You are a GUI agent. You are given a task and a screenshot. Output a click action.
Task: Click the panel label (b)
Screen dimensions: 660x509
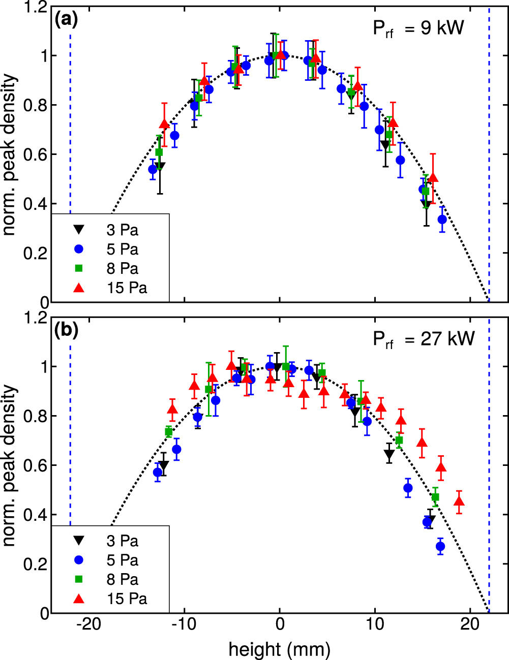click(66, 330)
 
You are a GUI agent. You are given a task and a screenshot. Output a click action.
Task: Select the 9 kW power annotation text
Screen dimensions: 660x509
click(418, 28)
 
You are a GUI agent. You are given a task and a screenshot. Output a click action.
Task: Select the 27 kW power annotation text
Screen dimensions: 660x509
click(424, 339)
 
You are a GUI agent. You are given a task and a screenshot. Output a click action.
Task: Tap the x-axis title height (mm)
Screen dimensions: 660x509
click(279, 649)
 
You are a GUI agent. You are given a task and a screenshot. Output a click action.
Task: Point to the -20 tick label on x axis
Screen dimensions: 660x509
click(88, 624)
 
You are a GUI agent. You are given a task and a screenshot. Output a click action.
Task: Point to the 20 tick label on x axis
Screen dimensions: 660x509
click(470, 624)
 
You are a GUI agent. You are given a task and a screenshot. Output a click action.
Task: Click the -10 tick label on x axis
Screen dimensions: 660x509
click(184, 624)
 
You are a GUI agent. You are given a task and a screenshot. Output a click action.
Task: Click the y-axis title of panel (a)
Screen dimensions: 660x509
click(10, 155)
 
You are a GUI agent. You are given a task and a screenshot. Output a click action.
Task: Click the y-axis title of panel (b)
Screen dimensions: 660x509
click(10, 466)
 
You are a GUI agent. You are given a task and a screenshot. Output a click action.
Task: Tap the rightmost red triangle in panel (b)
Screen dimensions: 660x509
click(459, 502)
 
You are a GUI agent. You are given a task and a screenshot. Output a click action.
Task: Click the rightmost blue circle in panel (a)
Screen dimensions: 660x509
click(442, 219)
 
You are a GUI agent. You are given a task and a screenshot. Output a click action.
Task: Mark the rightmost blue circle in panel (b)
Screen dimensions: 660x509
click(440, 547)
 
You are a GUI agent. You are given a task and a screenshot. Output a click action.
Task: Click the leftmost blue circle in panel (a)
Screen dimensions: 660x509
click(153, 169)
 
